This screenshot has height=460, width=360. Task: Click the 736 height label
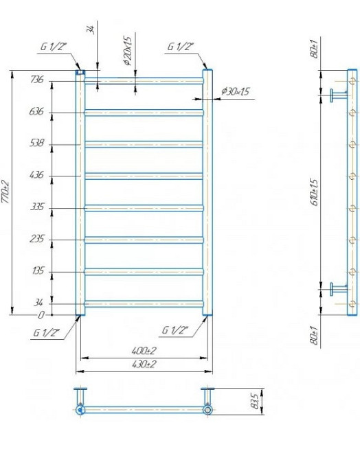point(37,80)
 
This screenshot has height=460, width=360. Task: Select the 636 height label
point(37,112)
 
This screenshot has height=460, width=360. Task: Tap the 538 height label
point(37,143)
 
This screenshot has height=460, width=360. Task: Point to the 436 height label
point(37,175)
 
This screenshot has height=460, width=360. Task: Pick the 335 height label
point(37,207)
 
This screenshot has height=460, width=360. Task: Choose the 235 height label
point(37,239)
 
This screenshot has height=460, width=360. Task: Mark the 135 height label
point(37,271)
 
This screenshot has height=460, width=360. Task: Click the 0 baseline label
point(41,315)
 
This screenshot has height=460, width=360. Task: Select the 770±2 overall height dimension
point(6,192)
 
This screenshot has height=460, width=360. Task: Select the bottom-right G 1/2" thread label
point(176,331)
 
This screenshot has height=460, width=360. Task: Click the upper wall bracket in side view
point(337,95)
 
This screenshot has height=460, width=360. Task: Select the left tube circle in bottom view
point(81,410)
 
